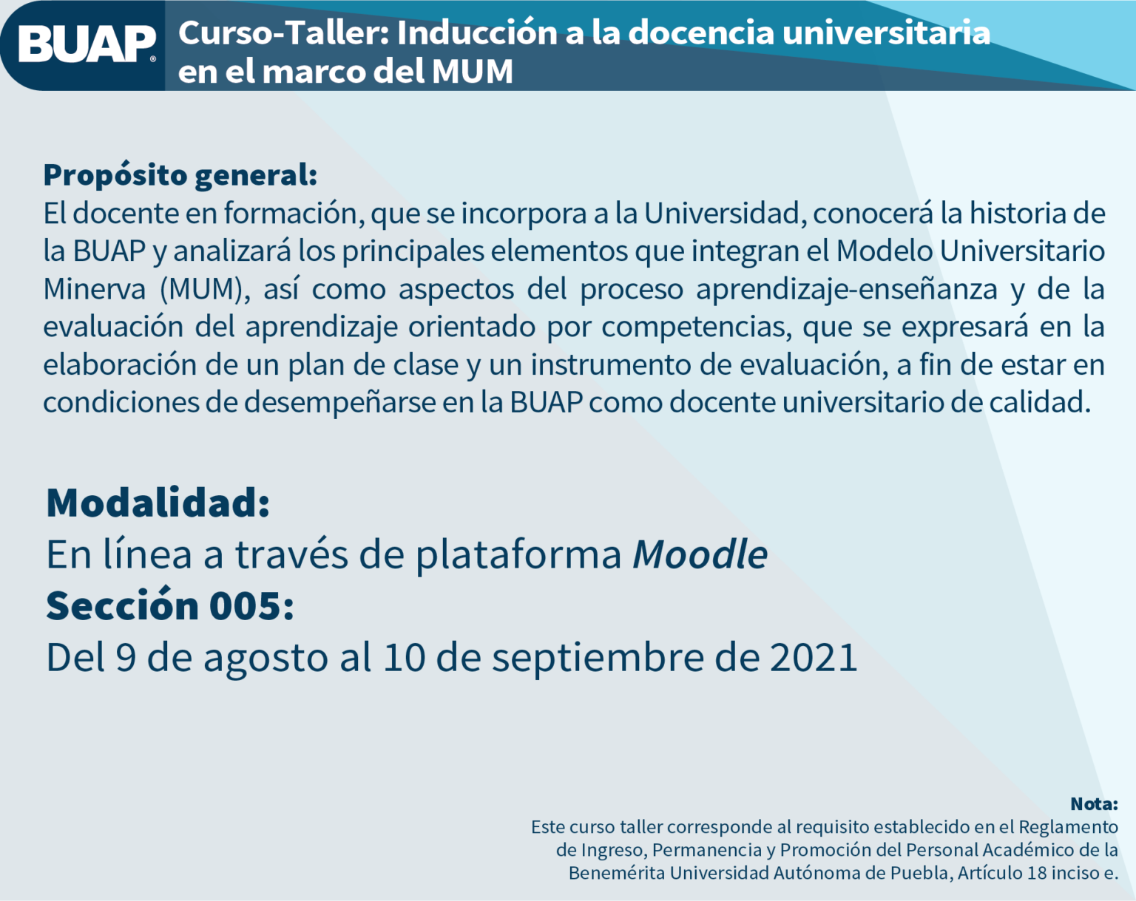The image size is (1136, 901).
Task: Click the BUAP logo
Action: [x=87, y=44]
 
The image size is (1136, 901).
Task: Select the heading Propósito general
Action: [x=180, y=176]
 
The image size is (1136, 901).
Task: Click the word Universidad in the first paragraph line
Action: [x=725, y=213]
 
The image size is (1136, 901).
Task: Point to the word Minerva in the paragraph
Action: [x=95, y=289]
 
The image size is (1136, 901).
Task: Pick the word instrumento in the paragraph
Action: [x=611, y=364]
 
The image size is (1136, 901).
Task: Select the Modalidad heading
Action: [x=158, y=503]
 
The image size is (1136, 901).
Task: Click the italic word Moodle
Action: [x=700, y=554]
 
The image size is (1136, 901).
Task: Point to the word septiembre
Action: [x=598, y=659]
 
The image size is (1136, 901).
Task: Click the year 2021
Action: [x=814, y=657]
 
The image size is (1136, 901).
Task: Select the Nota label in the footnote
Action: [x=1095, y=803]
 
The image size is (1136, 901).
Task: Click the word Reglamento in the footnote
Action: [x=1068, y=827]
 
